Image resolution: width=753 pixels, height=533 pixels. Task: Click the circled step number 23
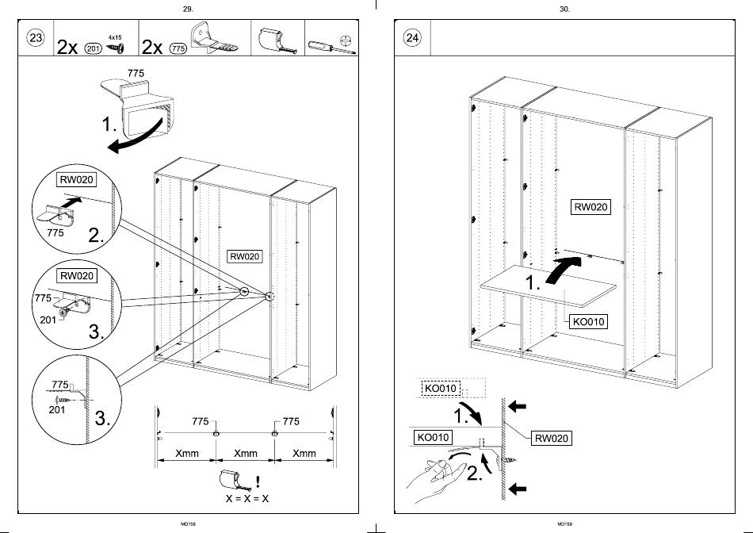click(36, 37)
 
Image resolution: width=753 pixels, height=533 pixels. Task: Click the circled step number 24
click(412, 37)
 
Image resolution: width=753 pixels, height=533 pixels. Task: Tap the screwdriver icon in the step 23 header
click(331, 47)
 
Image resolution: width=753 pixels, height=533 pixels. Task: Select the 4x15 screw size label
click(115, 37)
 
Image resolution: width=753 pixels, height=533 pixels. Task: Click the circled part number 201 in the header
click(94, 48)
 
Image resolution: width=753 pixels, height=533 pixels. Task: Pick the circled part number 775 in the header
click(178, 48)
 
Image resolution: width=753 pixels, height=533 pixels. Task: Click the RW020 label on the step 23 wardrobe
click(244, 256)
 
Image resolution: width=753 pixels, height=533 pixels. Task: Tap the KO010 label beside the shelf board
click(588, 321)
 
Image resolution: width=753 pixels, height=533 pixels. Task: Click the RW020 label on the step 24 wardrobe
click(591, 207)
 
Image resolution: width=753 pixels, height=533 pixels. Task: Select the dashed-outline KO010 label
click(441, 388)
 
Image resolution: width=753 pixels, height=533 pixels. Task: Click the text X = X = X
click(247, 499)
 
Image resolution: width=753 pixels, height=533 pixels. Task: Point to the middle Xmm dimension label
click(246, 453)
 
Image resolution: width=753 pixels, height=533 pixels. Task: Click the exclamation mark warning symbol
click(258, 481)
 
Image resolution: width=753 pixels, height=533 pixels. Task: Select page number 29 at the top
click(189, 10)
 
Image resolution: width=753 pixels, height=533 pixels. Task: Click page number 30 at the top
click(564, 10)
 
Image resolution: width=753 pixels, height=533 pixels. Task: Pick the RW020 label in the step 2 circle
click(76, 180)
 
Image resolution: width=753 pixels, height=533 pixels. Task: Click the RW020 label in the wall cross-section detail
click(552, 438)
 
